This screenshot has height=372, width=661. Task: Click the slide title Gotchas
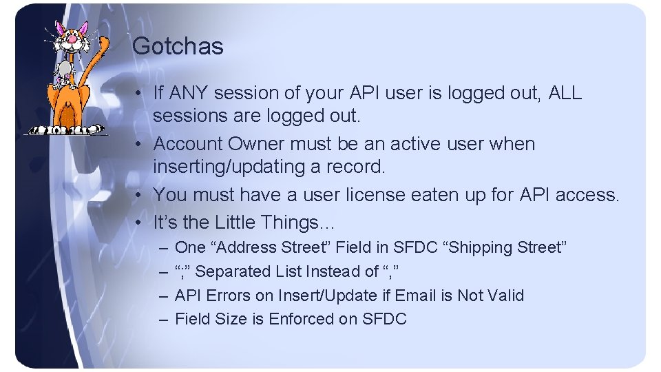click(x=178, y=47)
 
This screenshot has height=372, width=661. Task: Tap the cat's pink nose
click(x=70, y=40)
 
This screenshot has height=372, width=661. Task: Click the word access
click(x=586, y=195)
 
